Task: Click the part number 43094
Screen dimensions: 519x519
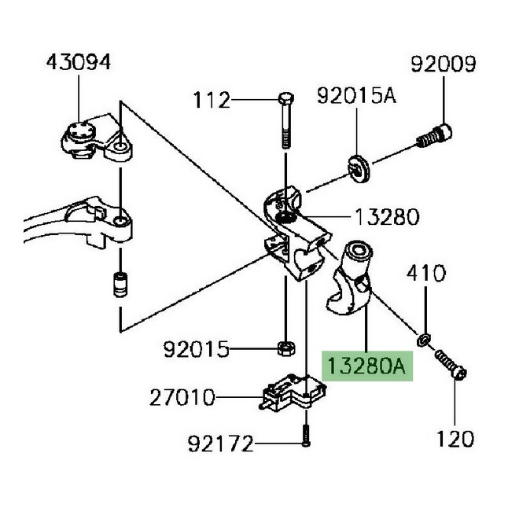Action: point(79,62)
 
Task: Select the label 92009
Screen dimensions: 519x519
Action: point(444,64)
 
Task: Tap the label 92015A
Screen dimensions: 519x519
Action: point(356,96)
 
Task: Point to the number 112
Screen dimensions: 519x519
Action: point(212,100)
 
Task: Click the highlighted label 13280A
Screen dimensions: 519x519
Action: point(366,366)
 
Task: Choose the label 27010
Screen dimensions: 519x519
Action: point(182,398)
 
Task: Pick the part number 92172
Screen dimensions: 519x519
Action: point(221,444)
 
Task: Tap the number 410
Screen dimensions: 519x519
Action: point(426,274)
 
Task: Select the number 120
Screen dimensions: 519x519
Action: point(455,440)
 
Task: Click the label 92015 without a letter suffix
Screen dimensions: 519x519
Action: point(197,349)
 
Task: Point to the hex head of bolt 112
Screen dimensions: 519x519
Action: point(286,98)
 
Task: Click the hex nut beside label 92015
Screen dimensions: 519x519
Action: point(286,348)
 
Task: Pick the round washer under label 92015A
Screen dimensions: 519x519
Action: point(359,168)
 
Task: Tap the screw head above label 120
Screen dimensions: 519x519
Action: point(460,374)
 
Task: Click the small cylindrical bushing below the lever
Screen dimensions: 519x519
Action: point(120,285)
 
